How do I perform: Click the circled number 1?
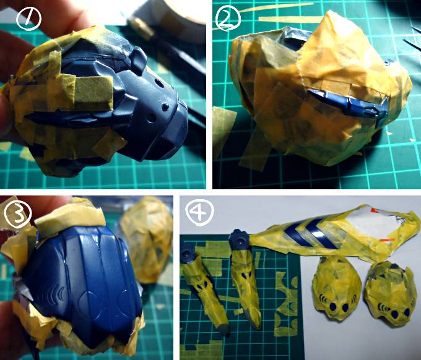tap(28, 19)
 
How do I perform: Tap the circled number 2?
tap(228, 18)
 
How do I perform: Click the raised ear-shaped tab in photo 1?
tap(139, 61)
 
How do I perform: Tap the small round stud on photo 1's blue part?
tap(165, 107)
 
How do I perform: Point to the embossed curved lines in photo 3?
tap(53, 295)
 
